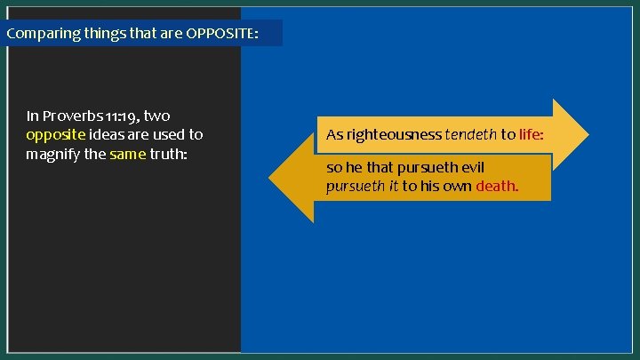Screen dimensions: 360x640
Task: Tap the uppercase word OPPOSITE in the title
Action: point(222,34)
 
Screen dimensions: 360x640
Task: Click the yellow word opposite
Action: point(56,135)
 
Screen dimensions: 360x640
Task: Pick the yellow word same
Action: point(127,154)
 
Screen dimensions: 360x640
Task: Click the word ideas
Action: point(110,135)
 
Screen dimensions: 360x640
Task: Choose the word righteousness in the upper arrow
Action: point(384,135)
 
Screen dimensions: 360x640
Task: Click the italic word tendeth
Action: point(470,135)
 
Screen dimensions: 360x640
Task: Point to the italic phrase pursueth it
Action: point(362,187)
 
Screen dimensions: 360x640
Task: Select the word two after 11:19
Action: point(156,116)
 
